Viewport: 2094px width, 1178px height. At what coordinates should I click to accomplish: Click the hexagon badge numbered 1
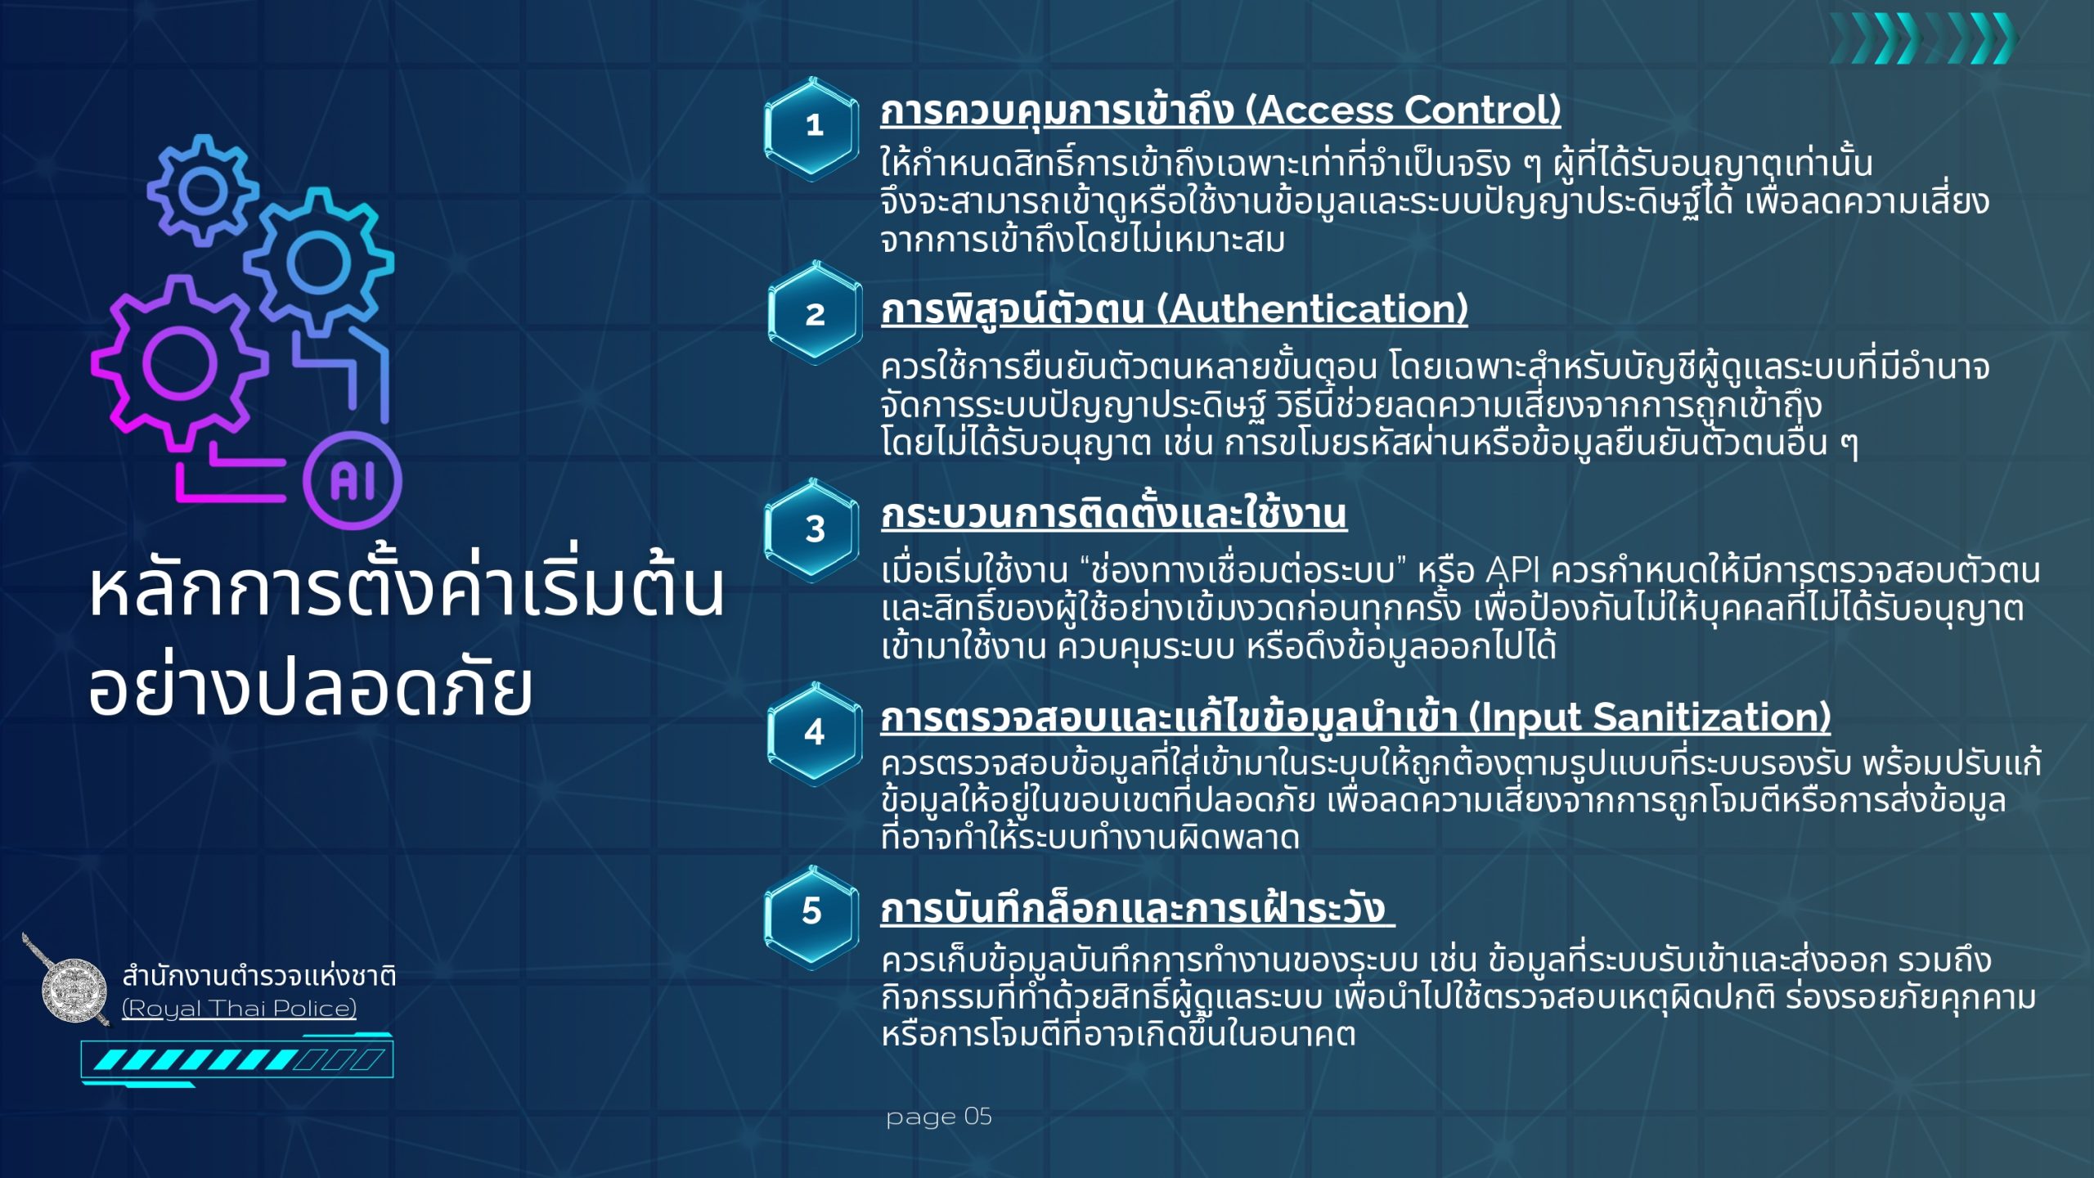[x=812, y=127]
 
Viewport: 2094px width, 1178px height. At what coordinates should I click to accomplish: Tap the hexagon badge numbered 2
[x=815, y=313]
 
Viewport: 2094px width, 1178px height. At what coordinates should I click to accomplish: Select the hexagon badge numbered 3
[x=813, y=529]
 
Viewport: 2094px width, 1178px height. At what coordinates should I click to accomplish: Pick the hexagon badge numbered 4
[x=814, y=732]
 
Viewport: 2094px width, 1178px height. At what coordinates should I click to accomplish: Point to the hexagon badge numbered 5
[x=811, y=911]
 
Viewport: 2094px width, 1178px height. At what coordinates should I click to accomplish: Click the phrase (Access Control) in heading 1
[x=1403, y=110]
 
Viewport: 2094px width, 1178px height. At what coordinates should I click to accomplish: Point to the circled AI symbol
[x=353, y=480]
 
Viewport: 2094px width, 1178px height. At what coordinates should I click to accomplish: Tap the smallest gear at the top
[x=203, y=190]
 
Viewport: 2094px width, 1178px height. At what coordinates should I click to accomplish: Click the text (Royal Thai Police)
[x=239, y=1009]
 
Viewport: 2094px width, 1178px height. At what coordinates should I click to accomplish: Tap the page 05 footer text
[x=938, y=1117]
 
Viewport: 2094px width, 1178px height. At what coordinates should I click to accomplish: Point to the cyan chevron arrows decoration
[x=1922, y=38]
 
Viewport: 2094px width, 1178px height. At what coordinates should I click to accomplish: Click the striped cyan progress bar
[x=237, y=1060]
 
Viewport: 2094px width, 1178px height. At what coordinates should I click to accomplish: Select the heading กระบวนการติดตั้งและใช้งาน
[x=1113, y=515]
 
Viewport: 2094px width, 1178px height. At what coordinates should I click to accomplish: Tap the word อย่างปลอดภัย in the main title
[x=311, y=687]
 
